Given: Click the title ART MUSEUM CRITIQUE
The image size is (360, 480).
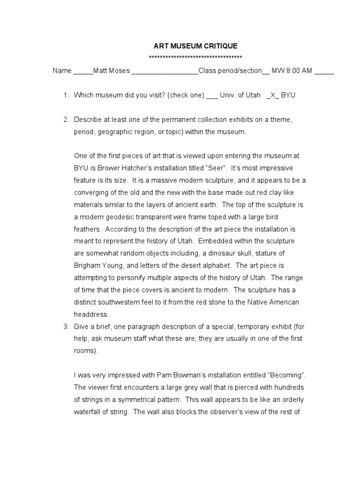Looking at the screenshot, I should (x=196, y=46).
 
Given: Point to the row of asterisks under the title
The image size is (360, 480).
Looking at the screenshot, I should (x=195, y=58).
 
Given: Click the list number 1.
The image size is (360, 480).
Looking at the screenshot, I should (x=66, y=95).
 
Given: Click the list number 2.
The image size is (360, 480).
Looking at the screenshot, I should (x=66, y=120).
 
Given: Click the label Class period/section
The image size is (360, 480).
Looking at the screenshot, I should (x=230, y=71).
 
